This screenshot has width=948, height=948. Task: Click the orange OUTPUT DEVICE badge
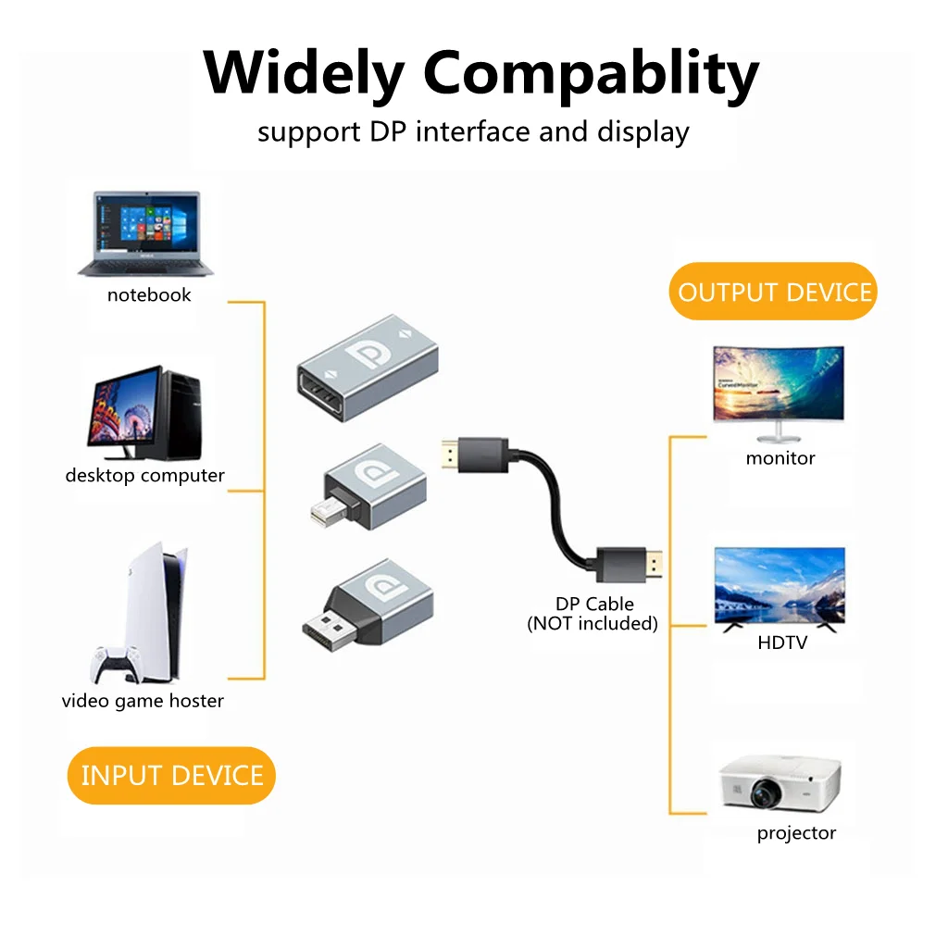coord(774,293)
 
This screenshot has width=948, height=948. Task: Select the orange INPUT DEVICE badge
coord(172,775)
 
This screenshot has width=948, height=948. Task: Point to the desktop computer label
coord(144,476)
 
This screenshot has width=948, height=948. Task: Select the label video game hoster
coord(143,701)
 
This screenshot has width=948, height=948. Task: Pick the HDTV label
coord(782,642)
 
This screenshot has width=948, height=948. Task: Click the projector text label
coord(796,833)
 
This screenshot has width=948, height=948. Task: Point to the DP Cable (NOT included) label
coord(593,614)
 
